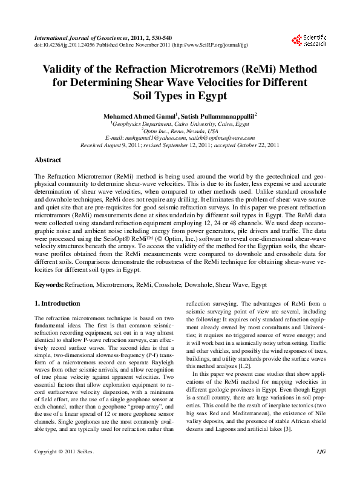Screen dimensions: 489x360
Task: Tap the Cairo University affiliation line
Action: click(180, 123)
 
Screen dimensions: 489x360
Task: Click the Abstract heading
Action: click(48, 160)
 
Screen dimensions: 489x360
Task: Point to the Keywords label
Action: click(48, 284)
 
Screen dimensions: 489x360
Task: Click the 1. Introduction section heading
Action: click(56, 303)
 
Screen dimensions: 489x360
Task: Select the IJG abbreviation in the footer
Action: click(320, 469)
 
